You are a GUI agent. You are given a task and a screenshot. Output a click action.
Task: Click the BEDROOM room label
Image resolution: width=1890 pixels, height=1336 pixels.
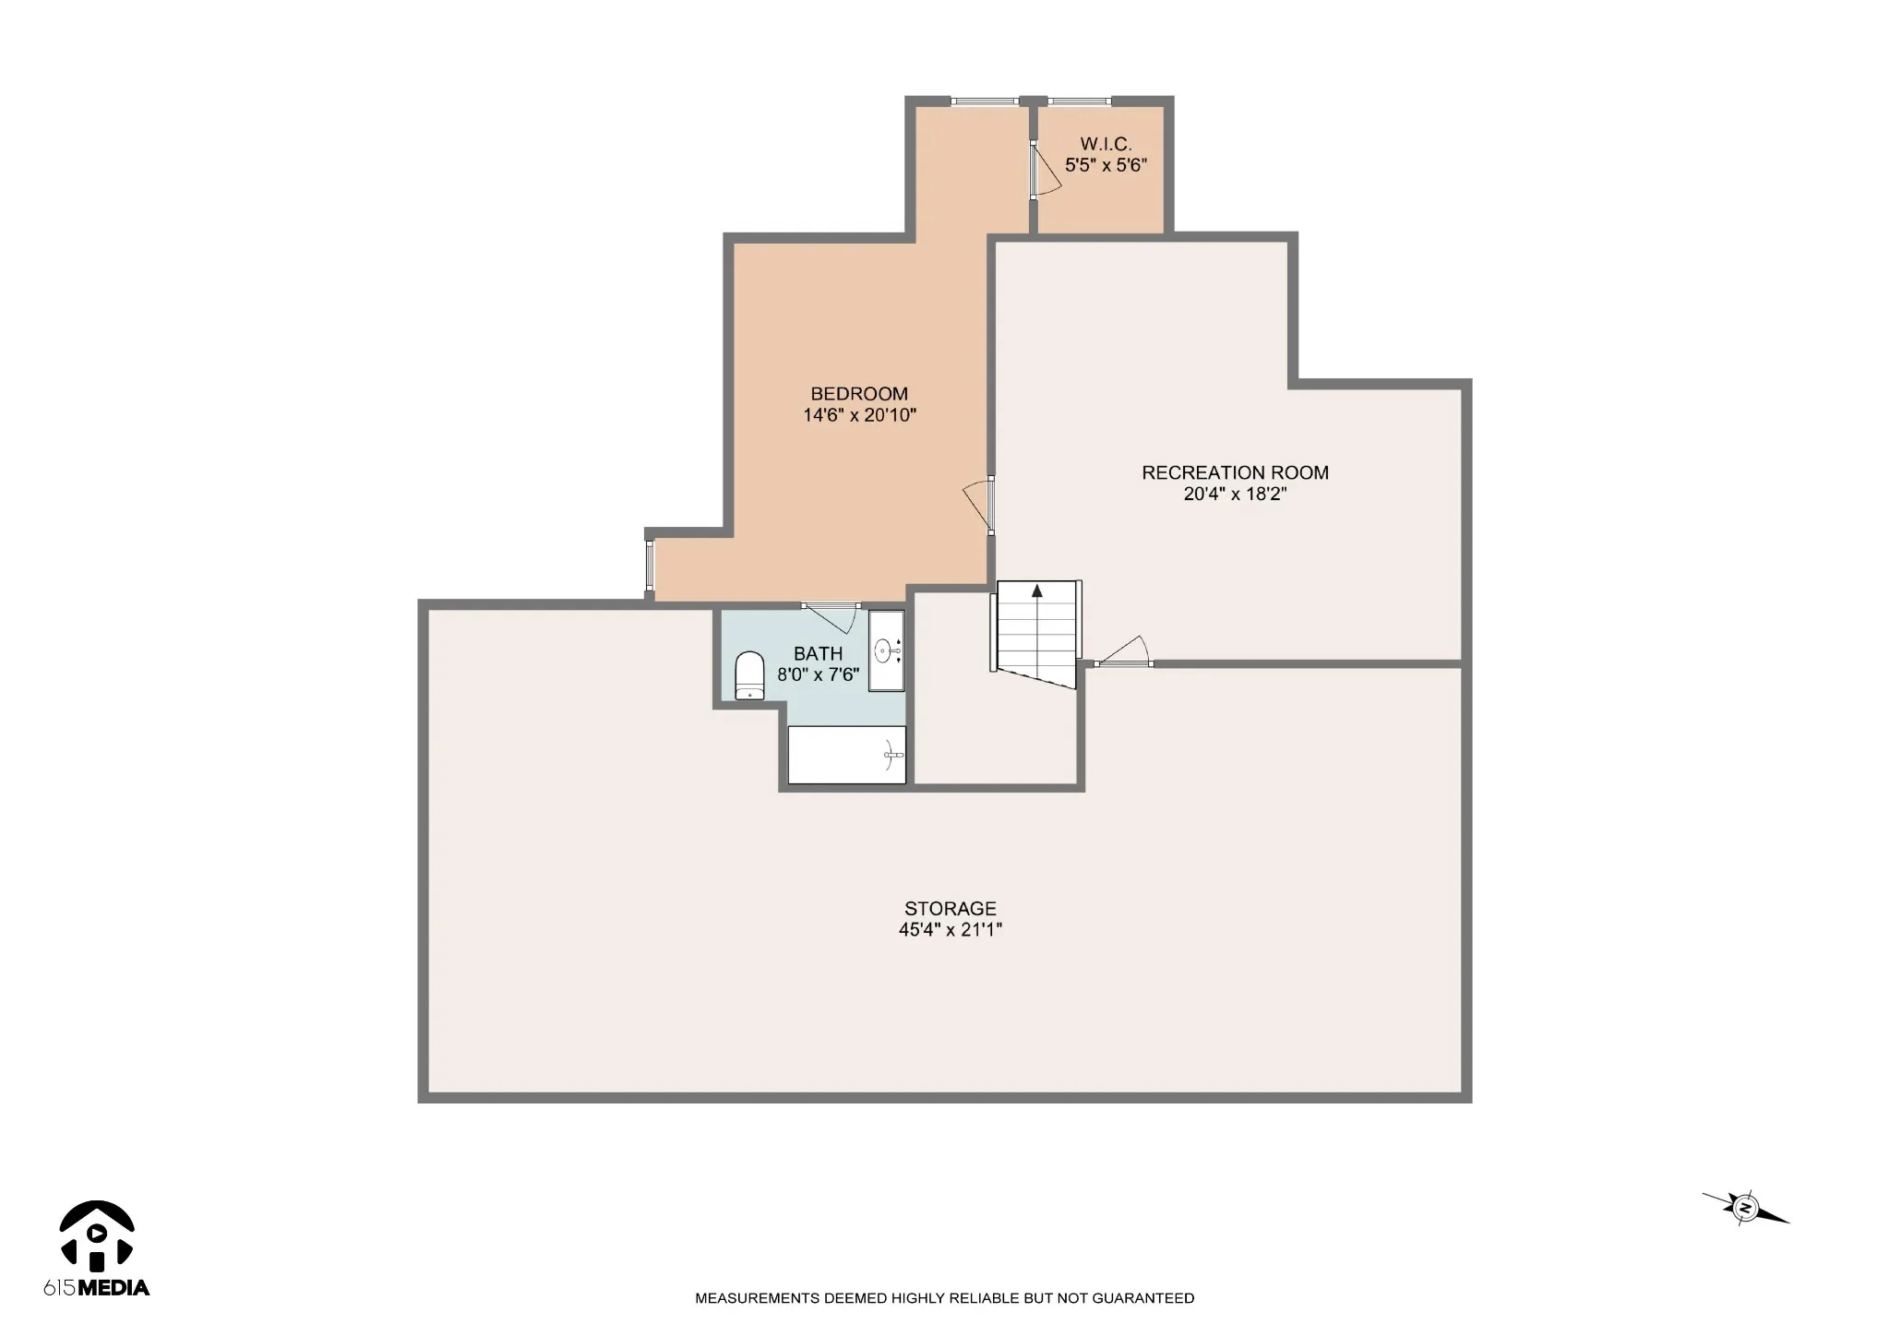(x=859, y=394)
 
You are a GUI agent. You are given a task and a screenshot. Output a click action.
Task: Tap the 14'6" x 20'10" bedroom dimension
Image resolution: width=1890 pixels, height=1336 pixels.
(x=859, y=415)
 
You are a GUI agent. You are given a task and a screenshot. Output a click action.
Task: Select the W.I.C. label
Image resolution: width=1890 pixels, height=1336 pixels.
(x=1106, y=144)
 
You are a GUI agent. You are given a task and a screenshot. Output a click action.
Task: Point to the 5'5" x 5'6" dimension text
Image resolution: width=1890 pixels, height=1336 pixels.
(x=1106, y=165)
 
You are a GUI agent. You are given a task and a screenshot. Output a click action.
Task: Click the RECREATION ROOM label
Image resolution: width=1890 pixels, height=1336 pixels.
(x=1235, y=472)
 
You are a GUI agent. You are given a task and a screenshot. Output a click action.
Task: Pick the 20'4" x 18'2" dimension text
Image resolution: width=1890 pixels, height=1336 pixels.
(x=1235, y=494)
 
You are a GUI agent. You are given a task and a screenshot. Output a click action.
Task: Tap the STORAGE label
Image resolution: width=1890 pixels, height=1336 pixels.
(x=951, y=909)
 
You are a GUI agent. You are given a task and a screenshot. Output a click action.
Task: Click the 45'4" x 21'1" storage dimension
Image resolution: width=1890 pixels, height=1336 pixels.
(x=951, y=930)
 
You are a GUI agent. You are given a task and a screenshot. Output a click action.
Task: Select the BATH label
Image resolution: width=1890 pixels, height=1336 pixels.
(x=818, y=654)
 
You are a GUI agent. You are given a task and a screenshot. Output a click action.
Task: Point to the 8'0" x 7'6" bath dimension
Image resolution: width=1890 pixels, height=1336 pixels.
(x=818, y=674)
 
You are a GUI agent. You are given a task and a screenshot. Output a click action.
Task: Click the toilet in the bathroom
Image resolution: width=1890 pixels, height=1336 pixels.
(x=749, y=676)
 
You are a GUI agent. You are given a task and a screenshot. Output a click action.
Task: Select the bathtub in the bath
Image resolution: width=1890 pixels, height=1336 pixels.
(x=846, y=755)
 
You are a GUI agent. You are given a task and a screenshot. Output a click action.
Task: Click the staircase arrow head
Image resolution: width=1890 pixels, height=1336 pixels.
(x=1037, y=590)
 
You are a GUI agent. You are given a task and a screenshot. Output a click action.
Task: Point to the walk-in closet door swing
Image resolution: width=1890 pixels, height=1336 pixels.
(x=1047, y=171)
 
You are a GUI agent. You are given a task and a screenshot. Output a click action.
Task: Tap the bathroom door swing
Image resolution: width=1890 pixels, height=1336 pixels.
(x=831, y=618)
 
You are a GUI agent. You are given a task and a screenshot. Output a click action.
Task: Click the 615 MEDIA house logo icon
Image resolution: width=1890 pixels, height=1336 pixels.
(x=97, y=1234)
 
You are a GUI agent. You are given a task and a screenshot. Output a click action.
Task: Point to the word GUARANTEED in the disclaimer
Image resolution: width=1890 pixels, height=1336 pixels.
(x=1143, y=1298)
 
